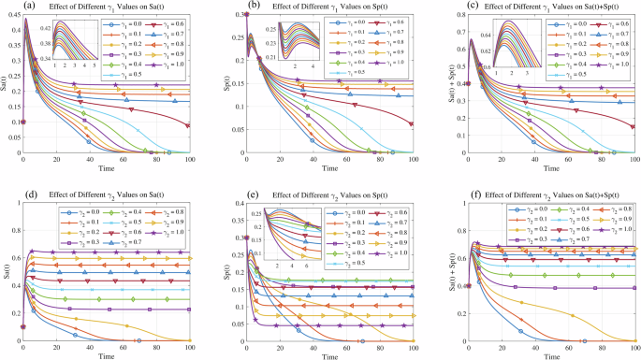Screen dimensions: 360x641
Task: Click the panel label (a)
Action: (31, 8)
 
